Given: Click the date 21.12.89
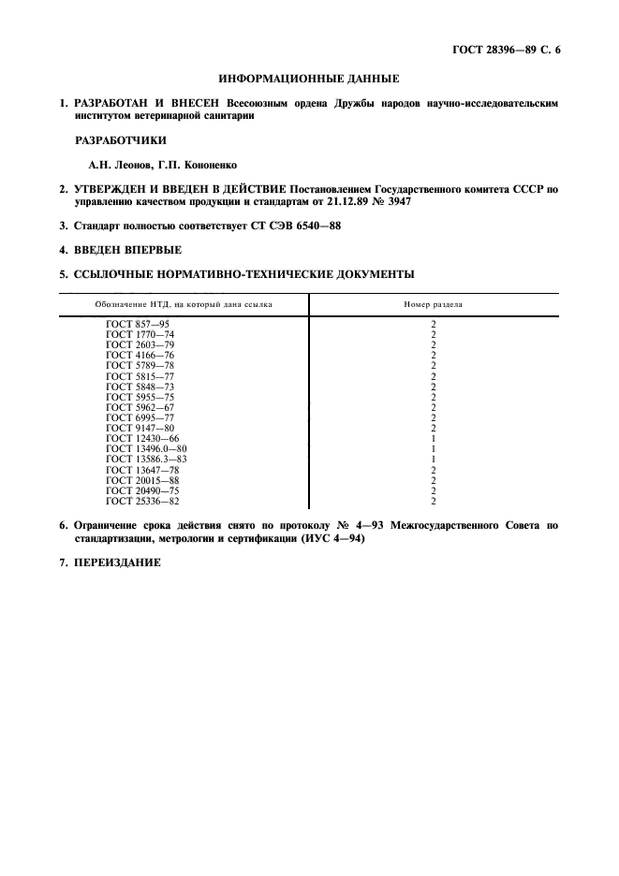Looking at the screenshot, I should pyautogui.click(x=334, y=200).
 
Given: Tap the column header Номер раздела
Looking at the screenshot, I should pyautogui.click(x=433, y=304).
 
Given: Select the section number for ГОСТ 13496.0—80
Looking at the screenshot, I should pyautogui.click(x=434, y=448).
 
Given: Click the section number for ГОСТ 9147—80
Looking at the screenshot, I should pyautogui.click(x=434, y=428).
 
